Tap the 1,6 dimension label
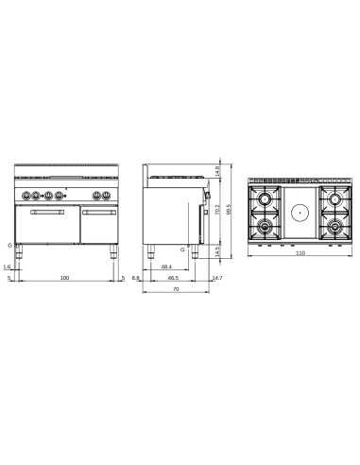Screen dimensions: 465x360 (8, 267)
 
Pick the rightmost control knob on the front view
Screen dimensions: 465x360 (105, 196)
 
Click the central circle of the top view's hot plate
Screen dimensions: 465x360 (300, 213)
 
